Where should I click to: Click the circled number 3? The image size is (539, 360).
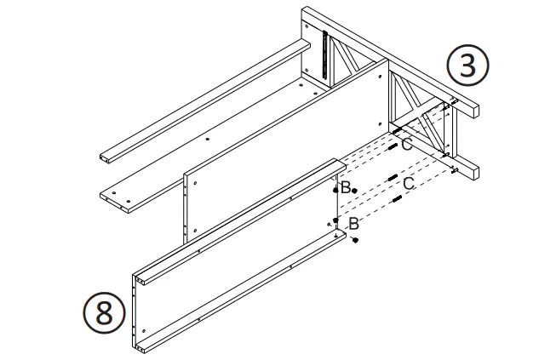(x=467, y=67)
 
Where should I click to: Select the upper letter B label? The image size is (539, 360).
(x=345, y=187)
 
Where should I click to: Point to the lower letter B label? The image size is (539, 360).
(x=353, y=224)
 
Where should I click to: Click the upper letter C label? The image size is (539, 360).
(x=407, y=145)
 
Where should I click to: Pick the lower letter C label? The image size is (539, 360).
(x=409, y=183)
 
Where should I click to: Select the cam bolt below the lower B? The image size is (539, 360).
(x=355, y=242)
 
